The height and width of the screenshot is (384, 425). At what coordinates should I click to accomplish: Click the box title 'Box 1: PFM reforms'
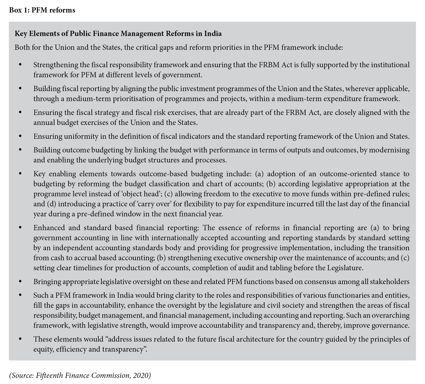[x=42, y=10]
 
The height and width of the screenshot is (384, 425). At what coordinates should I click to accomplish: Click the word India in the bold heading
[x=212, y=34]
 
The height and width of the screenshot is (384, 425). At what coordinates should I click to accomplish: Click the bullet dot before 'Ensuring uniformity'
[x=20, y=136]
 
